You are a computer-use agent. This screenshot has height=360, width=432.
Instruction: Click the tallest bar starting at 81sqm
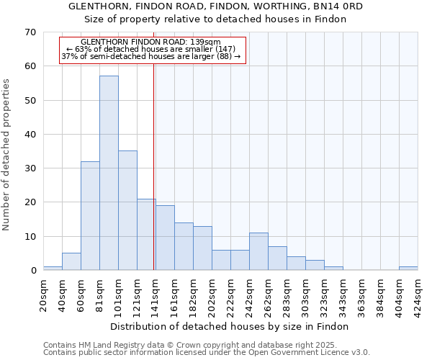(x=109, y=173)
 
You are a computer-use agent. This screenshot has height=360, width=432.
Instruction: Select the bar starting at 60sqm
(x=90, y=216)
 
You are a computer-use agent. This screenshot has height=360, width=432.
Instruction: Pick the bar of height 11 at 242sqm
(x=258, y=251)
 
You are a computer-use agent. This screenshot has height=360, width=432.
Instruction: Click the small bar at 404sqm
(x=408, y=269)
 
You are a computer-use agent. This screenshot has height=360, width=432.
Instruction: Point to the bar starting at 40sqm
(x=71, y=262)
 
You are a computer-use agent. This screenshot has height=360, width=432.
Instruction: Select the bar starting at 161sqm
(x=184, y=246)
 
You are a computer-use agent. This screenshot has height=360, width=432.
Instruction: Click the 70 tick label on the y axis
(x=30, y=32)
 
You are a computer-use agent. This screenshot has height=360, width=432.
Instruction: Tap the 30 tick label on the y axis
(x=30, y=168)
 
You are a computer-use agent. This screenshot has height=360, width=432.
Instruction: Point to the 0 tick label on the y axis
(x=33, y=271)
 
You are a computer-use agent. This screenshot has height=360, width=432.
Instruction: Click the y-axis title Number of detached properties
(x=6, y=155)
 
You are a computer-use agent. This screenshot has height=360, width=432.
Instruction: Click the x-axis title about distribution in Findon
(x=230, y=326)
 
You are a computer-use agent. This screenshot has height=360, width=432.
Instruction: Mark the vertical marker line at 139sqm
(x=154, y=180)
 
